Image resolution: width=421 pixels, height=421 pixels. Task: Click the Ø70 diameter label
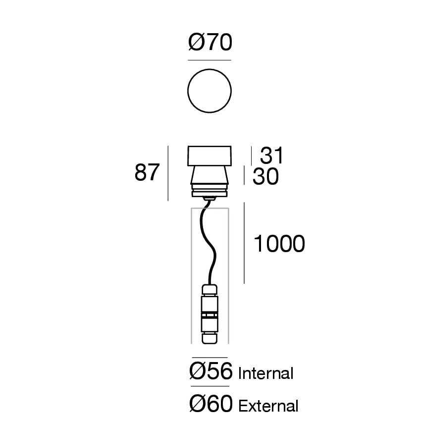(x=210, y=42)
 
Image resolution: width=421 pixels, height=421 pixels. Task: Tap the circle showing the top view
(x=210, y=69)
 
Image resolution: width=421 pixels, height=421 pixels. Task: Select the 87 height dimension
(x=147, y=172)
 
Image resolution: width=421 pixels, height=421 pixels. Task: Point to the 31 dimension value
(x=271, y=155)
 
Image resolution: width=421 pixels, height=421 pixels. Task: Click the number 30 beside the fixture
(x=265, y=176)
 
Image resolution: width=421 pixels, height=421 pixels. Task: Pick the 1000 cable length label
(x=279, y=244)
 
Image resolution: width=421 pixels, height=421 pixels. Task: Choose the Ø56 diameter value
(x=211, y=371)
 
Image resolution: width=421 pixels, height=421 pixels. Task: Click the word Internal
(x=266, y=373)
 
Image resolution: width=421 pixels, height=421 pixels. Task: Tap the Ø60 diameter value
(x=211, y=404)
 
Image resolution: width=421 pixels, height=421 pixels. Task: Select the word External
(x=268, y=406)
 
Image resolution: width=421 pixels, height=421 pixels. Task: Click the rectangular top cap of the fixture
(x=210, y=156)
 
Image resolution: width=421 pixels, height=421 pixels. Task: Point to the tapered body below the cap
(x=210, y=175)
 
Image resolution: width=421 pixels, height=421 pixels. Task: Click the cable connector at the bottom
(x=210, y=314)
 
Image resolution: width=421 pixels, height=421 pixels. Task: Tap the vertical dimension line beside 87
(x=168, y=173)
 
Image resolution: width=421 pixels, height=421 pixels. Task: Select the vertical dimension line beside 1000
(x=244, y=243)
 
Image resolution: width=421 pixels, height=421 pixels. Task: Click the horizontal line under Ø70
(x=210, y=60)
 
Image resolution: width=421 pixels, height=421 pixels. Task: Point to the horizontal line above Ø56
(x=210, y=358)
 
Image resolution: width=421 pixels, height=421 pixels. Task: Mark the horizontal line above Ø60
(x=210, y=386)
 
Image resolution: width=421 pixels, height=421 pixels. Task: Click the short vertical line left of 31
(x=251, y=156)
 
